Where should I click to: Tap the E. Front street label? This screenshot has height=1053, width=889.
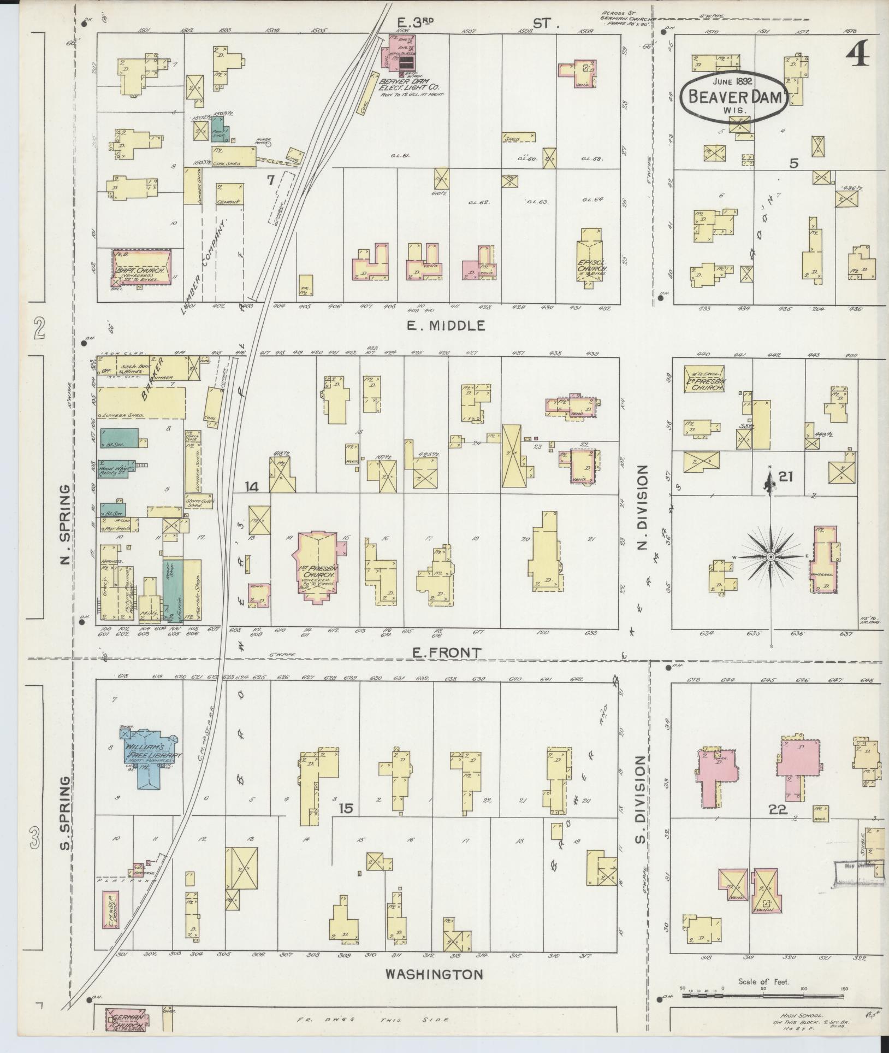(454, 652)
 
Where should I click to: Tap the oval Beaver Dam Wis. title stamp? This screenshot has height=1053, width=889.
(733, 96)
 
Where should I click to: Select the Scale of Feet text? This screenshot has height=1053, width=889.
(763, 981)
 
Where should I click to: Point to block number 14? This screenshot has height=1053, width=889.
(252, 486)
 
